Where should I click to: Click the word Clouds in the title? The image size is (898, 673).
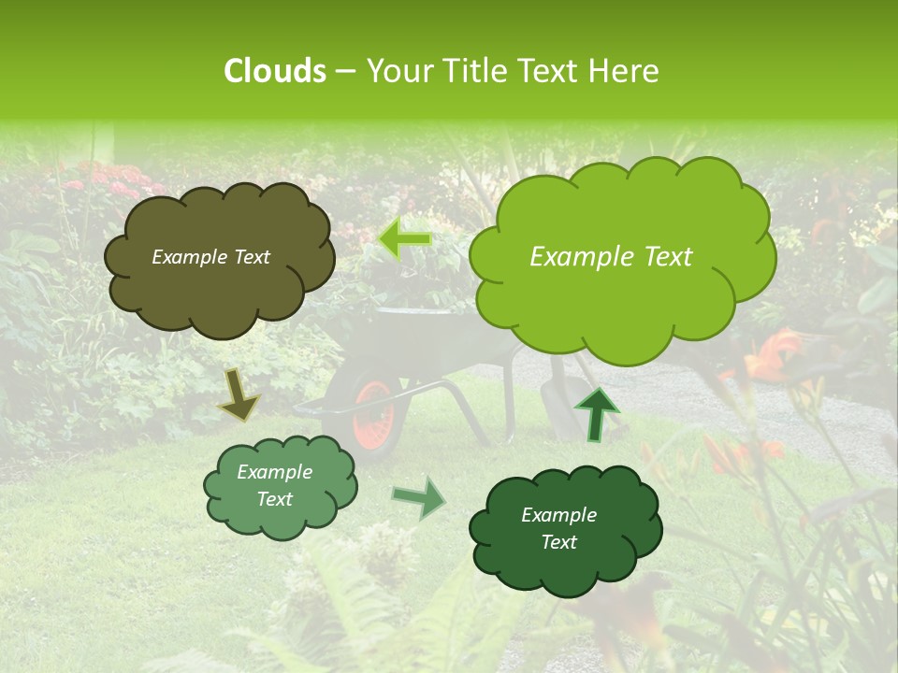coord(274,71)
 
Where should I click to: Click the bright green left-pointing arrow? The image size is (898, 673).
coord(404,238)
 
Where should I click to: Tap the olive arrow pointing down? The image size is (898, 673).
coord(239,394)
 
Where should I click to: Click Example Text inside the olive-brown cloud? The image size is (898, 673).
coord(210,257)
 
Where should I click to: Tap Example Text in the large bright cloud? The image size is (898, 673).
coord(611,257)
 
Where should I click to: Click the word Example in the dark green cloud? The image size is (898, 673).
coord(558,515)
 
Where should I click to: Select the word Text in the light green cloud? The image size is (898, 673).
coord(274,499)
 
